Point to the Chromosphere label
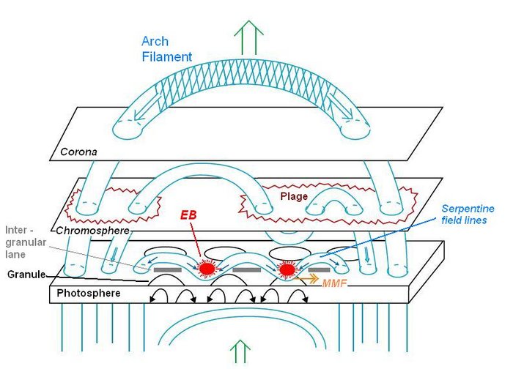[94, 231]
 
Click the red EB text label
[191, 217]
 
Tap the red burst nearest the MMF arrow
[287, 270]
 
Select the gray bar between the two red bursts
[247, 270]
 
